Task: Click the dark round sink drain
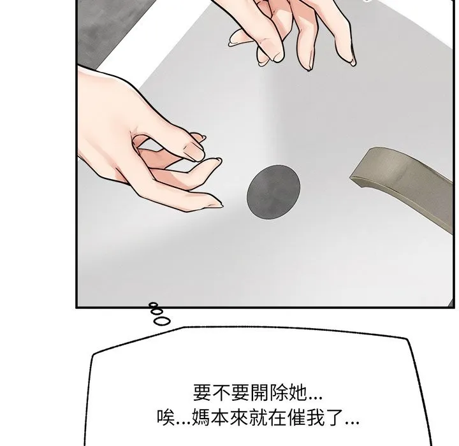point(273,192)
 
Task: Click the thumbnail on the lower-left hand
point(194,152)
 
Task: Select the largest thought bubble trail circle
point(161,321)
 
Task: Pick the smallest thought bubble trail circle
point(153,305)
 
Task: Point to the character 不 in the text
point(221,392)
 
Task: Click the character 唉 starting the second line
point(166,417)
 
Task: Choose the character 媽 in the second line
point(201,417)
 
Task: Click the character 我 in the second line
point(316,417)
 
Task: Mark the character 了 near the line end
point(334,417)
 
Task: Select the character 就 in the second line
point(258,417)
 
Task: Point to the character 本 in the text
point(220,417)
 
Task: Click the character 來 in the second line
point(239,417)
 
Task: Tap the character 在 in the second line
point(277,417)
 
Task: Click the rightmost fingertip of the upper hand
point(354,63)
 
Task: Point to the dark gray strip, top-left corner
point(78,1)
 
